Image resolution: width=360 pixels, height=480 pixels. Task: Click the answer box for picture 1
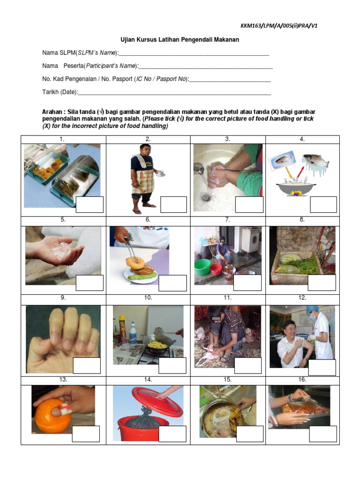pos(90,204)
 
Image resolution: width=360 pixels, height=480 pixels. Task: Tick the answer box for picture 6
pos(172,283)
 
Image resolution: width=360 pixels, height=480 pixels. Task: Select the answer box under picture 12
pos(322,367)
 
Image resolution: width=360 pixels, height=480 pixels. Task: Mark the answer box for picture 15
pos(249,434)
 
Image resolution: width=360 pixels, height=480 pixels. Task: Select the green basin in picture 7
pos(202,267)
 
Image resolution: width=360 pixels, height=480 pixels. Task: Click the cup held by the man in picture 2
pos(160,174)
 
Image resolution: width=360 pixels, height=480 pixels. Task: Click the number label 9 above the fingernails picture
pos(63,298)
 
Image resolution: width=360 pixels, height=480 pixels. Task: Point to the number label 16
pos(302,380)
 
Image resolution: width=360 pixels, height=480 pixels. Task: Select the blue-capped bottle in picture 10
pos(133,334)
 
